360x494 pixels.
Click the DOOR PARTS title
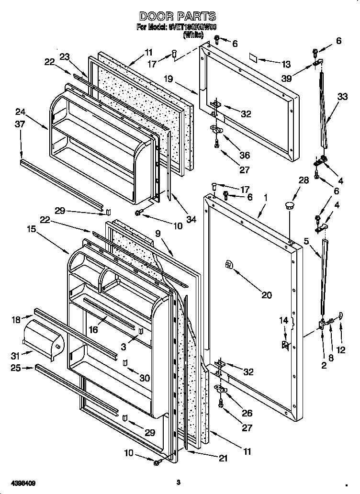(177, 17)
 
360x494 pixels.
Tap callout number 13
(286, 64)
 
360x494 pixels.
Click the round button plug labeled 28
(289, 205)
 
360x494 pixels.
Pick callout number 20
(267, 295)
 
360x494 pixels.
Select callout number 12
(341, 350)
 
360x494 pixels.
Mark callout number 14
(284, 320)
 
